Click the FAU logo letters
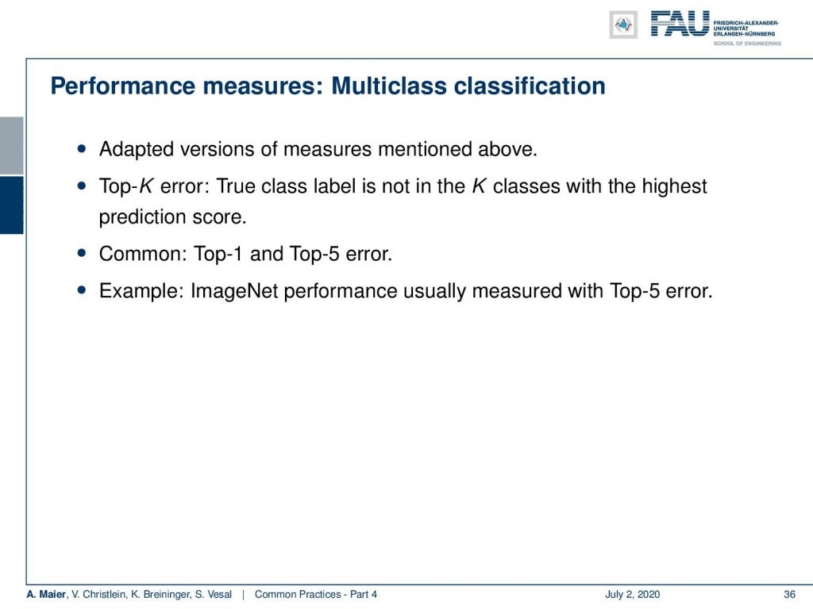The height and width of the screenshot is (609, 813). coord(680,24)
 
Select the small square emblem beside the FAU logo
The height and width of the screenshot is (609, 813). coord(623,25)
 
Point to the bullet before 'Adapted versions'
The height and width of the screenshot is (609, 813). coord(82,148)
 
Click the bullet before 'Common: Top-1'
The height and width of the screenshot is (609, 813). coord(82,253)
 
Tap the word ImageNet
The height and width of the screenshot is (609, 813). coord(234,291)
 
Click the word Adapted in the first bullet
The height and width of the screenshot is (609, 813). coord(137,149)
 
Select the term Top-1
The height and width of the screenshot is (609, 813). coord(218,255)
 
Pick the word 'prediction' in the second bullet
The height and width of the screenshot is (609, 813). coord(143,217)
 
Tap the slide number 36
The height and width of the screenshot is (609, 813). coord(789,595)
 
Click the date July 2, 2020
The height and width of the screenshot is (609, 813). coord(632,595)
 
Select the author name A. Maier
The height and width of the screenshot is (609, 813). coord(46,595)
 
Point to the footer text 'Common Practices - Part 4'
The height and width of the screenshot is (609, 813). coord(316,595)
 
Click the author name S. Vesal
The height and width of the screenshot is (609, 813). coord(213,595)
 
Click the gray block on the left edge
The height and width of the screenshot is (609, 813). coord(11,146)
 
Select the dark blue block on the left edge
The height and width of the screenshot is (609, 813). coord(11,205)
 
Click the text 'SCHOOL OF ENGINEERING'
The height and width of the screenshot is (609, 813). coord(747,44)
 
